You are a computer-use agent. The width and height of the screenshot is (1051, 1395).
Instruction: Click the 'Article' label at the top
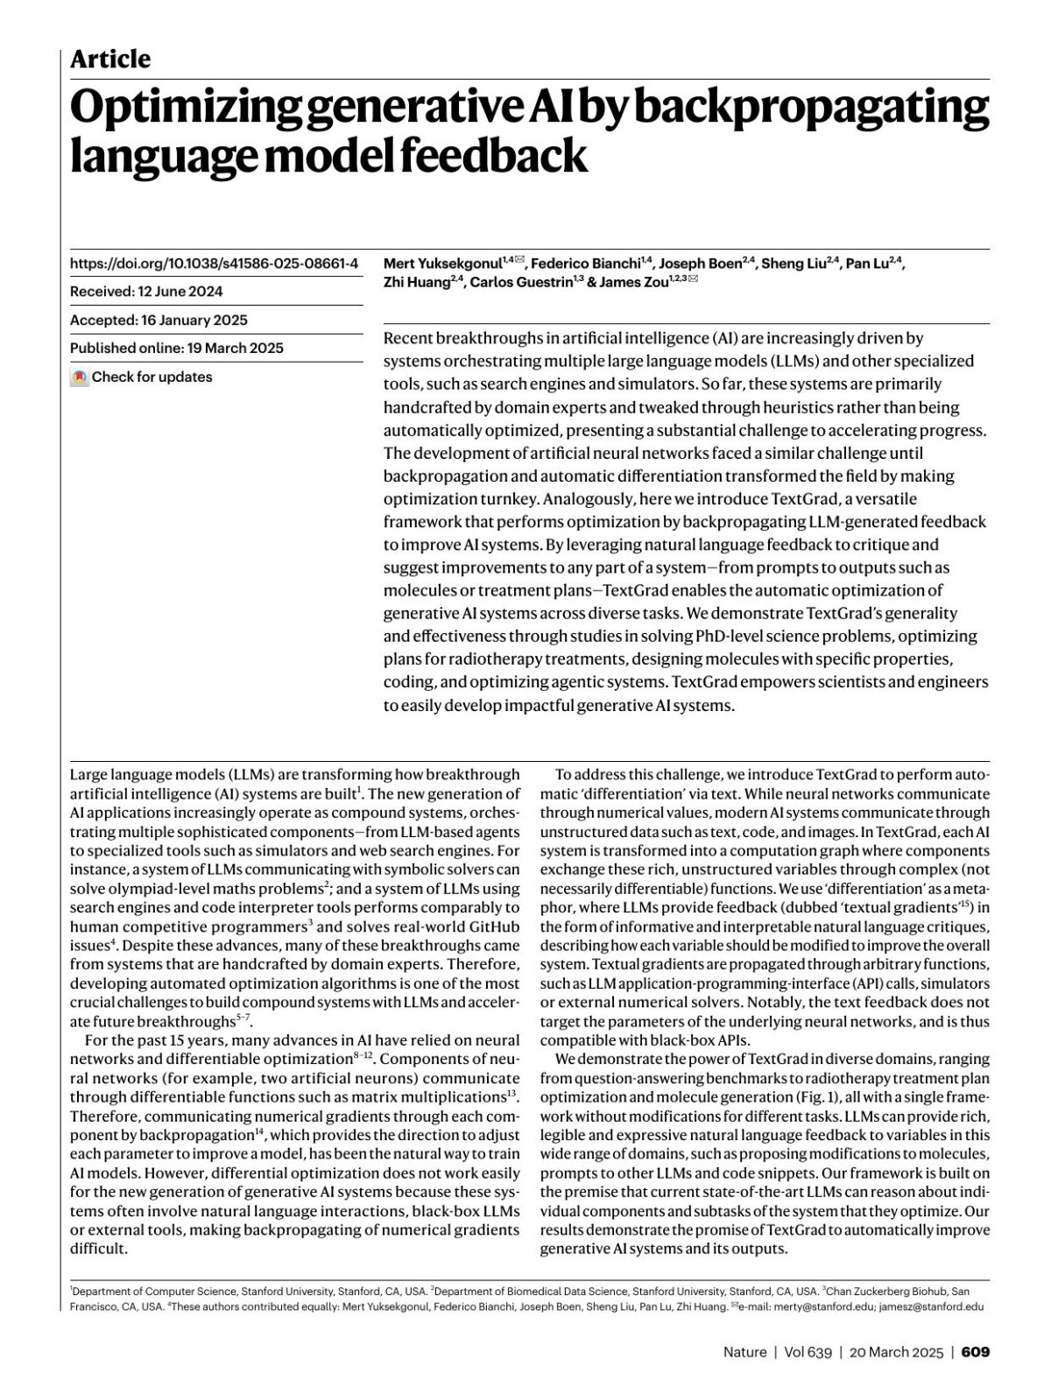tap(110, 59)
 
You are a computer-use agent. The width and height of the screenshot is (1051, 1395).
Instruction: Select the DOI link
tap(214, 263)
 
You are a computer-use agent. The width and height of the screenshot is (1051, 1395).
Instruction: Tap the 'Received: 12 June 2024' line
tap(146, 292)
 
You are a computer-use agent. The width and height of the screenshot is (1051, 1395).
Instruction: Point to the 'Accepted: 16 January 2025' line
tap(159, 320)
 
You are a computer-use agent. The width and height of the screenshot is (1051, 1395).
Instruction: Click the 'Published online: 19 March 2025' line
tap(177, 348)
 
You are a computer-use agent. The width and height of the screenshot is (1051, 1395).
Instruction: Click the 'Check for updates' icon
tap(80, 377)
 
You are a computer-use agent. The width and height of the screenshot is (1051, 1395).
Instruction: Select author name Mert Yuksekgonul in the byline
tap(442, 263)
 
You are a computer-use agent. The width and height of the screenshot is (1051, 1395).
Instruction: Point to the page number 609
tap(976, 1352)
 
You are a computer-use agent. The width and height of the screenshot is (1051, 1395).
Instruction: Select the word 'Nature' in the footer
tap(744, 1352)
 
